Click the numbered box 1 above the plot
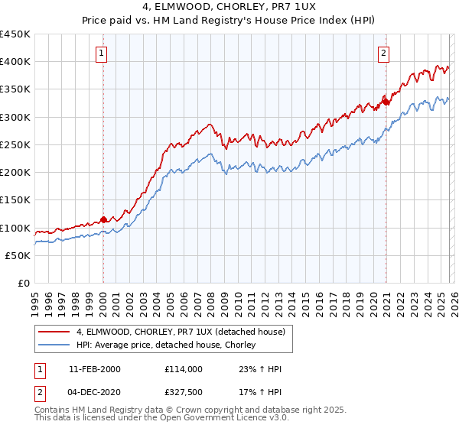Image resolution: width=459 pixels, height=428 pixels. coord(103,53)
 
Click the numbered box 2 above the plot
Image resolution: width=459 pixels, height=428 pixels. coord(382,53)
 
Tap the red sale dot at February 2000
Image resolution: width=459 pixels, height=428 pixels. coord(103,219)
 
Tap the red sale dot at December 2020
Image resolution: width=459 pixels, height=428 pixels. coord(386,101)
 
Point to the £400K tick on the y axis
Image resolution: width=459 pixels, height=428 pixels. coord(15,62)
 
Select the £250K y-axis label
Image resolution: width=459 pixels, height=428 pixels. coord(15,144)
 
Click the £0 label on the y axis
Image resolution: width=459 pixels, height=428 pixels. coord(23,283)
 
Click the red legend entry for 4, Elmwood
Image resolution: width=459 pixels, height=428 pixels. coord(181,332)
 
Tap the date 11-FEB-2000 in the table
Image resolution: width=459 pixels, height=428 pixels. coord(94,369)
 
